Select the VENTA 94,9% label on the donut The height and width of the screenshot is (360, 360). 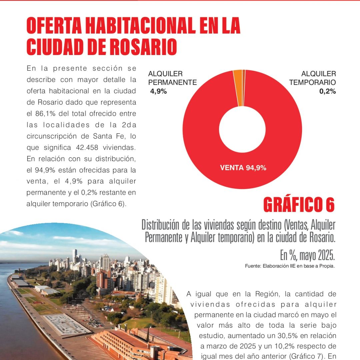pyautogui.click(x=243, y=168)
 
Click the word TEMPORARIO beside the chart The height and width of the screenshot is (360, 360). pyautogui.click(x=312, y=82)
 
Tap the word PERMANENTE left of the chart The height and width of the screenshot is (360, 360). pyautogui.click(x=172, y=82)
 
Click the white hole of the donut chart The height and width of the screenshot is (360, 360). pyautogui.click(x=242, y=130)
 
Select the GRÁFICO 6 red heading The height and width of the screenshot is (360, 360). pyautogui.click(x=299, y=205)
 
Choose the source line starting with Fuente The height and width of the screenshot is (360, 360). pyautogui.click(x=289, y=266)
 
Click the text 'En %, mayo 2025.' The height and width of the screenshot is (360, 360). pyautogui.click(x=307, y=256)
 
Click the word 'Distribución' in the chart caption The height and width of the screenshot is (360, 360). pyautogui.click(x=161, y=225)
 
